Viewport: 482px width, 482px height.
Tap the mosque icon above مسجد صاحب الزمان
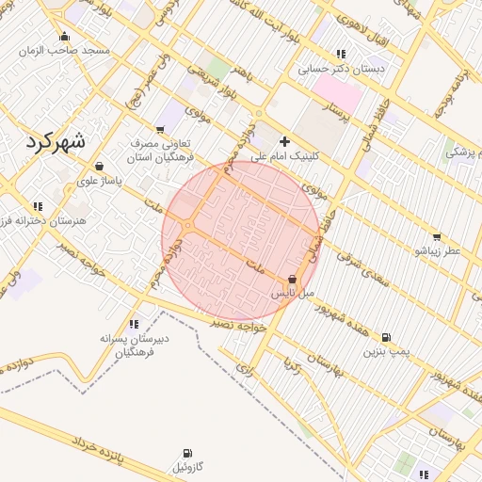click(64, 37)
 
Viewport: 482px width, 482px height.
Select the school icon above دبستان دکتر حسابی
click(341, 54)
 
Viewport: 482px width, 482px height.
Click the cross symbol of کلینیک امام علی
click(285, 140)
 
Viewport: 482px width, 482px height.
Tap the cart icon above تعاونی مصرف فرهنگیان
click(160, 129)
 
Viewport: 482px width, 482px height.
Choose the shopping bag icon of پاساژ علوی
click(99, 167)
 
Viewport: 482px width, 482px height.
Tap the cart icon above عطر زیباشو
click(436, 237)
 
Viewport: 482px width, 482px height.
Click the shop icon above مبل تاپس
click(292, 280)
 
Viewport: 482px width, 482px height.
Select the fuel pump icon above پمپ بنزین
click(386, 337)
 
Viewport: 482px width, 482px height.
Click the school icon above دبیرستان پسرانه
click(134, 323)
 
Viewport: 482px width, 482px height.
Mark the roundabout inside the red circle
click(189, 227)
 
